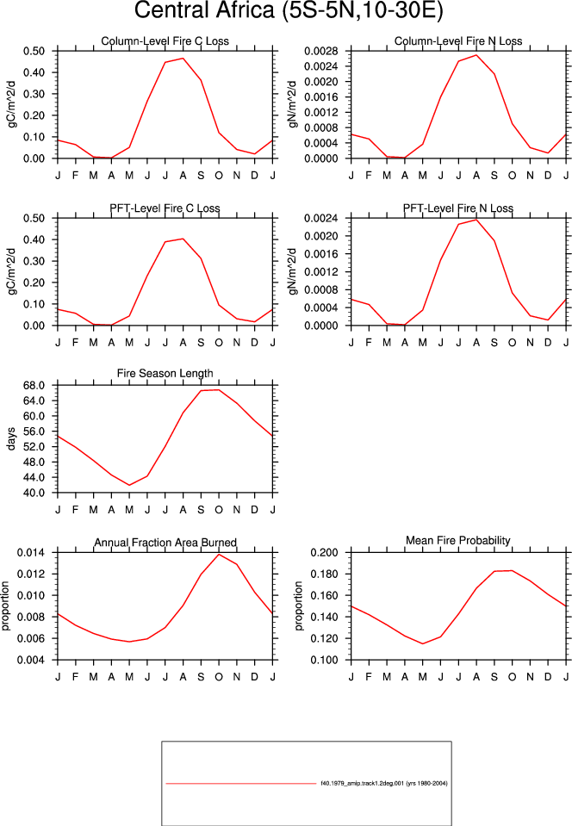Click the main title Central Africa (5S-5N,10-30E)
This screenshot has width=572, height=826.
[x=289, y=10]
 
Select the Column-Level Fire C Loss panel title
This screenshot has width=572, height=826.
[x=165, y=41]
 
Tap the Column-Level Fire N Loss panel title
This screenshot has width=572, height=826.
[x=458, y=41]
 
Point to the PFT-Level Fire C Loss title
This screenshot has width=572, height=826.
[x=165, y=208]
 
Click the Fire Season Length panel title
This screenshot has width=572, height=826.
[x=165, y=374]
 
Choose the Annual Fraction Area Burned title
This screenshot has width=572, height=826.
[x=165, y=543]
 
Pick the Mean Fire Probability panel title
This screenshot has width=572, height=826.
[x=458, y=541]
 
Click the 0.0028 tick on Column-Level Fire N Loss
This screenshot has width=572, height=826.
[x=320, y=51]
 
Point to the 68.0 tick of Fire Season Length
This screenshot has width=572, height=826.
[x=34, y=385]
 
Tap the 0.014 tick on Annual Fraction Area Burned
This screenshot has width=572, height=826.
[x=31, y=553]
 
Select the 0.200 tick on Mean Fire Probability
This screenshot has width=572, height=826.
[x=325, y=553]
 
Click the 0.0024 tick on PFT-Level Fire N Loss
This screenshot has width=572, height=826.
[x=320, y=218]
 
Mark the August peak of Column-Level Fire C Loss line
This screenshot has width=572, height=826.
[x=183, y=58]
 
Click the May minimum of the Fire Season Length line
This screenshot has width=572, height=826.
[x=129, y=485]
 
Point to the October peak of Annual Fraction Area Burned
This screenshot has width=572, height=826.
[x=219, y=554]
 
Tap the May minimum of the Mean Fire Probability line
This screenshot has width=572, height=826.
[x=422, y=643]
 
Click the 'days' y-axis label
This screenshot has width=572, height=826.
[x=11, y=438]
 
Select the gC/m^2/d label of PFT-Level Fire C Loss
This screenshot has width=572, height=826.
[x=11, y=271]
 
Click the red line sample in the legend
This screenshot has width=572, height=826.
[x=240, y=783]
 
